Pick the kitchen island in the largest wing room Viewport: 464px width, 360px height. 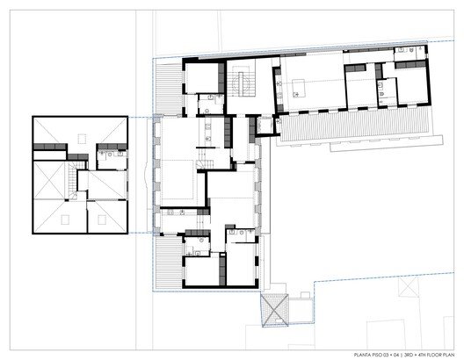(x=299, y=88)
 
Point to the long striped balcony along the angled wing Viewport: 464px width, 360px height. (x=355, y=124)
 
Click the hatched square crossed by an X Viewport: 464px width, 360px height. (x=274, y=310)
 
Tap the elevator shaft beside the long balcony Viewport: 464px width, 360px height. (x=265, y=125)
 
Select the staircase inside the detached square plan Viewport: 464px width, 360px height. (x=73, y=180)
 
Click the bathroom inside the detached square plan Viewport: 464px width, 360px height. (x=112, y=160)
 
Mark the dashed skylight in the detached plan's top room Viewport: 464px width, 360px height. (x=82, y=139)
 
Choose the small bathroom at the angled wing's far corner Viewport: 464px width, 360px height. (x=410, y=54)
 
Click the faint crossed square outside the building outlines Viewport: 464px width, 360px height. (x=409, y=287)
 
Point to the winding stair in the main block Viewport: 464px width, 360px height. (x=205, y=164)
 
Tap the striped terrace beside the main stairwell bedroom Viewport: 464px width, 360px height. (x=169, y=89)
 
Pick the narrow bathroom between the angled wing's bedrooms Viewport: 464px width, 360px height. (x=388, y=91)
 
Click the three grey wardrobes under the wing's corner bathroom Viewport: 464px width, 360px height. (x=410, y=64)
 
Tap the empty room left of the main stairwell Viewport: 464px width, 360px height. (x=201, y=77)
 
